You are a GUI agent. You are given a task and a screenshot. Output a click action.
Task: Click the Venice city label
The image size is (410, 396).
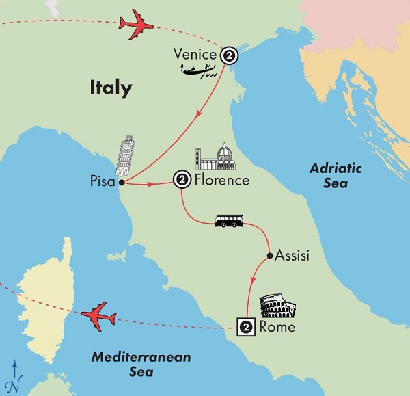195,53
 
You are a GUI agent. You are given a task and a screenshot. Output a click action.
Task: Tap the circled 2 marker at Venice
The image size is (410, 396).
229,54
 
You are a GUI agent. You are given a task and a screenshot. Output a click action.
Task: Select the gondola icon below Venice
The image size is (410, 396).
200,70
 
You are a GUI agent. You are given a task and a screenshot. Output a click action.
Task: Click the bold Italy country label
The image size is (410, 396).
110,88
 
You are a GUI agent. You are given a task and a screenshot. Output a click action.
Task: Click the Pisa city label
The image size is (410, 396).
102,183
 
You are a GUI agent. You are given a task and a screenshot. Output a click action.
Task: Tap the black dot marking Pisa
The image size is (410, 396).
121,183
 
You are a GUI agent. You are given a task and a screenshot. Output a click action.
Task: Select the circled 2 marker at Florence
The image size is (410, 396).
181,181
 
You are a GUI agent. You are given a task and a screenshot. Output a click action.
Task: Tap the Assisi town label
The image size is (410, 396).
292,256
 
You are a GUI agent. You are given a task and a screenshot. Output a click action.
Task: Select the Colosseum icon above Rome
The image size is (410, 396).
277,307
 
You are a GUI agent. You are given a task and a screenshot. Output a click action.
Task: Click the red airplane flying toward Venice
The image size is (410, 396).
136,25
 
